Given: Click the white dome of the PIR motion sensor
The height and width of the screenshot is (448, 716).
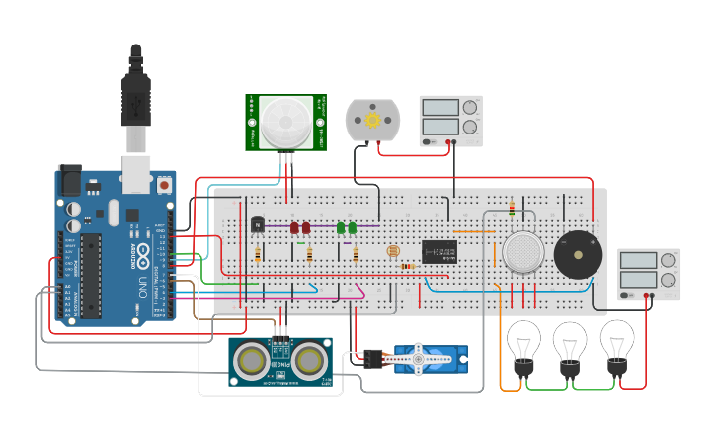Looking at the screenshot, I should [285, 123].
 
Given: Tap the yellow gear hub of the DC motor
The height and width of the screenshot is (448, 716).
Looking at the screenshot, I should [372, 120].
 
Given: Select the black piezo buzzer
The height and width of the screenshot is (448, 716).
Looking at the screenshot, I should [578, 255].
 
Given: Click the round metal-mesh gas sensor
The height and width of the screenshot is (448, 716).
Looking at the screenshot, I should [522, 252].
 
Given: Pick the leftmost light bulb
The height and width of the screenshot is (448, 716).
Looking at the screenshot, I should [523, 345].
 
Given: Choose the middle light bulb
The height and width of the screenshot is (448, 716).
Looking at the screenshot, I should [570, 345].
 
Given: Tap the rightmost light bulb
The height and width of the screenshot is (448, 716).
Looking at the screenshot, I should [617, 343].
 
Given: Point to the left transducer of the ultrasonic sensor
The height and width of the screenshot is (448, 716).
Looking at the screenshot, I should [252, 358].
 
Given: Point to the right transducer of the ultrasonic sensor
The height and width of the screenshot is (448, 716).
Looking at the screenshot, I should [309, 358].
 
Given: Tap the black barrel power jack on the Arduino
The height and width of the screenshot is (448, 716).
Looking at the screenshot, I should [69, 179].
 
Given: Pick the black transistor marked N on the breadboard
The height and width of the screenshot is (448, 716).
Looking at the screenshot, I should [258, 224].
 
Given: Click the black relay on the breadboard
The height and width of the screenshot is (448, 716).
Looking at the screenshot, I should [439, 252].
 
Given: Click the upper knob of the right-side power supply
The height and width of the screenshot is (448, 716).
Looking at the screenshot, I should [669, 261].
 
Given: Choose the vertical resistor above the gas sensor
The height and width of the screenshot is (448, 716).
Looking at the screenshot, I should [511, 208].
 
